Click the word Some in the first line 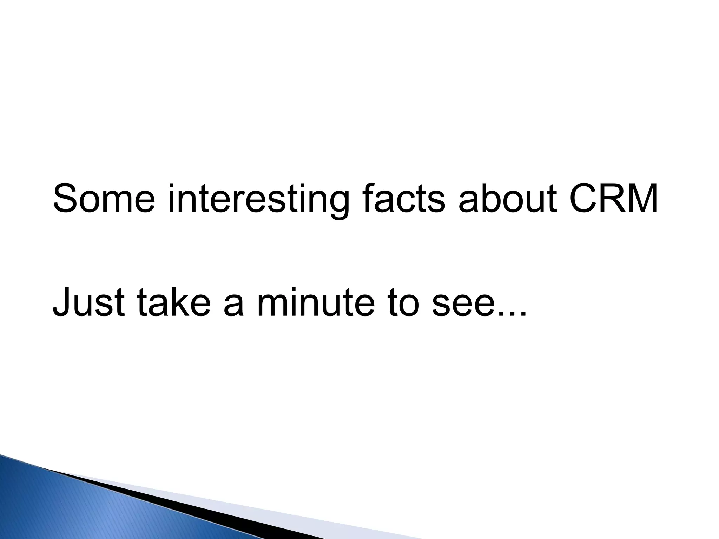104,199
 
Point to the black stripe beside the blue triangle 211,505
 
